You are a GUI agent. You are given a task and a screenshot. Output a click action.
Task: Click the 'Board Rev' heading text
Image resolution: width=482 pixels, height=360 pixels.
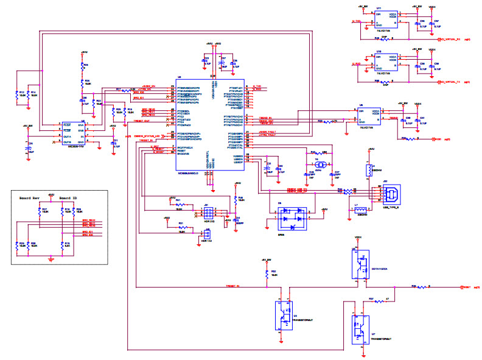point(29,199)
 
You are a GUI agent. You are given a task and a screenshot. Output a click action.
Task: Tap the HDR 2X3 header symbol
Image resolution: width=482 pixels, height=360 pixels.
point(208,213)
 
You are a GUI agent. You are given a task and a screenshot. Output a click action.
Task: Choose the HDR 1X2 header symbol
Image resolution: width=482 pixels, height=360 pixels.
point(208,232)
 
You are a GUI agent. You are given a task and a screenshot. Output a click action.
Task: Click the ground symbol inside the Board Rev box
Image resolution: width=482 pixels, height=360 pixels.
point(51,259)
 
